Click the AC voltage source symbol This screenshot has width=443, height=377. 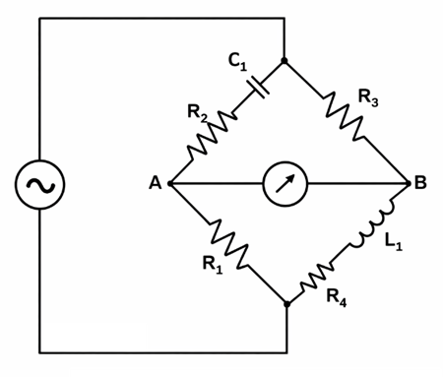tap(39, 184)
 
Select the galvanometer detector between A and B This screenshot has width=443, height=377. tap(286, 184)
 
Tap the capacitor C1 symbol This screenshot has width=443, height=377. tap(259, 87)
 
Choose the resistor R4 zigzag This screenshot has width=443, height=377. tap(322, 277)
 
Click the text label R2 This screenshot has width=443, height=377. tap(197, 112)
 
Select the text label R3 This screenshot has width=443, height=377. tap(369, 97)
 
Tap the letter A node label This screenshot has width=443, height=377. tap(155, 184)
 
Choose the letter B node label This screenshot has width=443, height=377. tap(421, 184)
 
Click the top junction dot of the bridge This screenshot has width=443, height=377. tap(285, 61)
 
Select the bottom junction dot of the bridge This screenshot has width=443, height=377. tap(286, 304)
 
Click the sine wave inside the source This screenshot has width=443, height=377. tap(39, 184)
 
